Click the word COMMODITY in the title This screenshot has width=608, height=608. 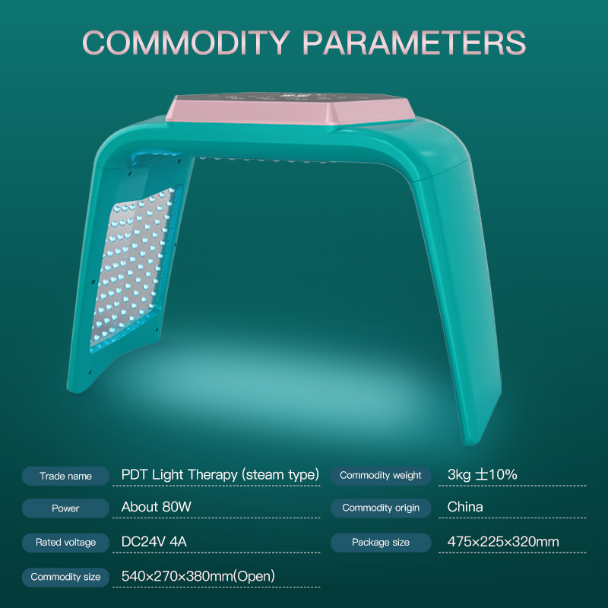(x=187, y=43)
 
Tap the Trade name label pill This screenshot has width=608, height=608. (x=66, y=477)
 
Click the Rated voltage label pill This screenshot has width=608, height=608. (x=66, y=543)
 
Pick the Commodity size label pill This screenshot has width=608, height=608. (x=66, y=577)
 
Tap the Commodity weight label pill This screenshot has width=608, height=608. (x=380, y=476)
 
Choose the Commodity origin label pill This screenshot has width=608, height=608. (x=380, y=508)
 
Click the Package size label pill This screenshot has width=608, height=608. (x=380, y=543)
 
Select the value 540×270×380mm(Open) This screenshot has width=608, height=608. (x=198, y=576)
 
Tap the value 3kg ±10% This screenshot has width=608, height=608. (x=482, y=475)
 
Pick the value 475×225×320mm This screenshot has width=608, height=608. (x=503, y=542)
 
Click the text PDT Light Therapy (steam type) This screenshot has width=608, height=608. (x=220, y=475)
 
